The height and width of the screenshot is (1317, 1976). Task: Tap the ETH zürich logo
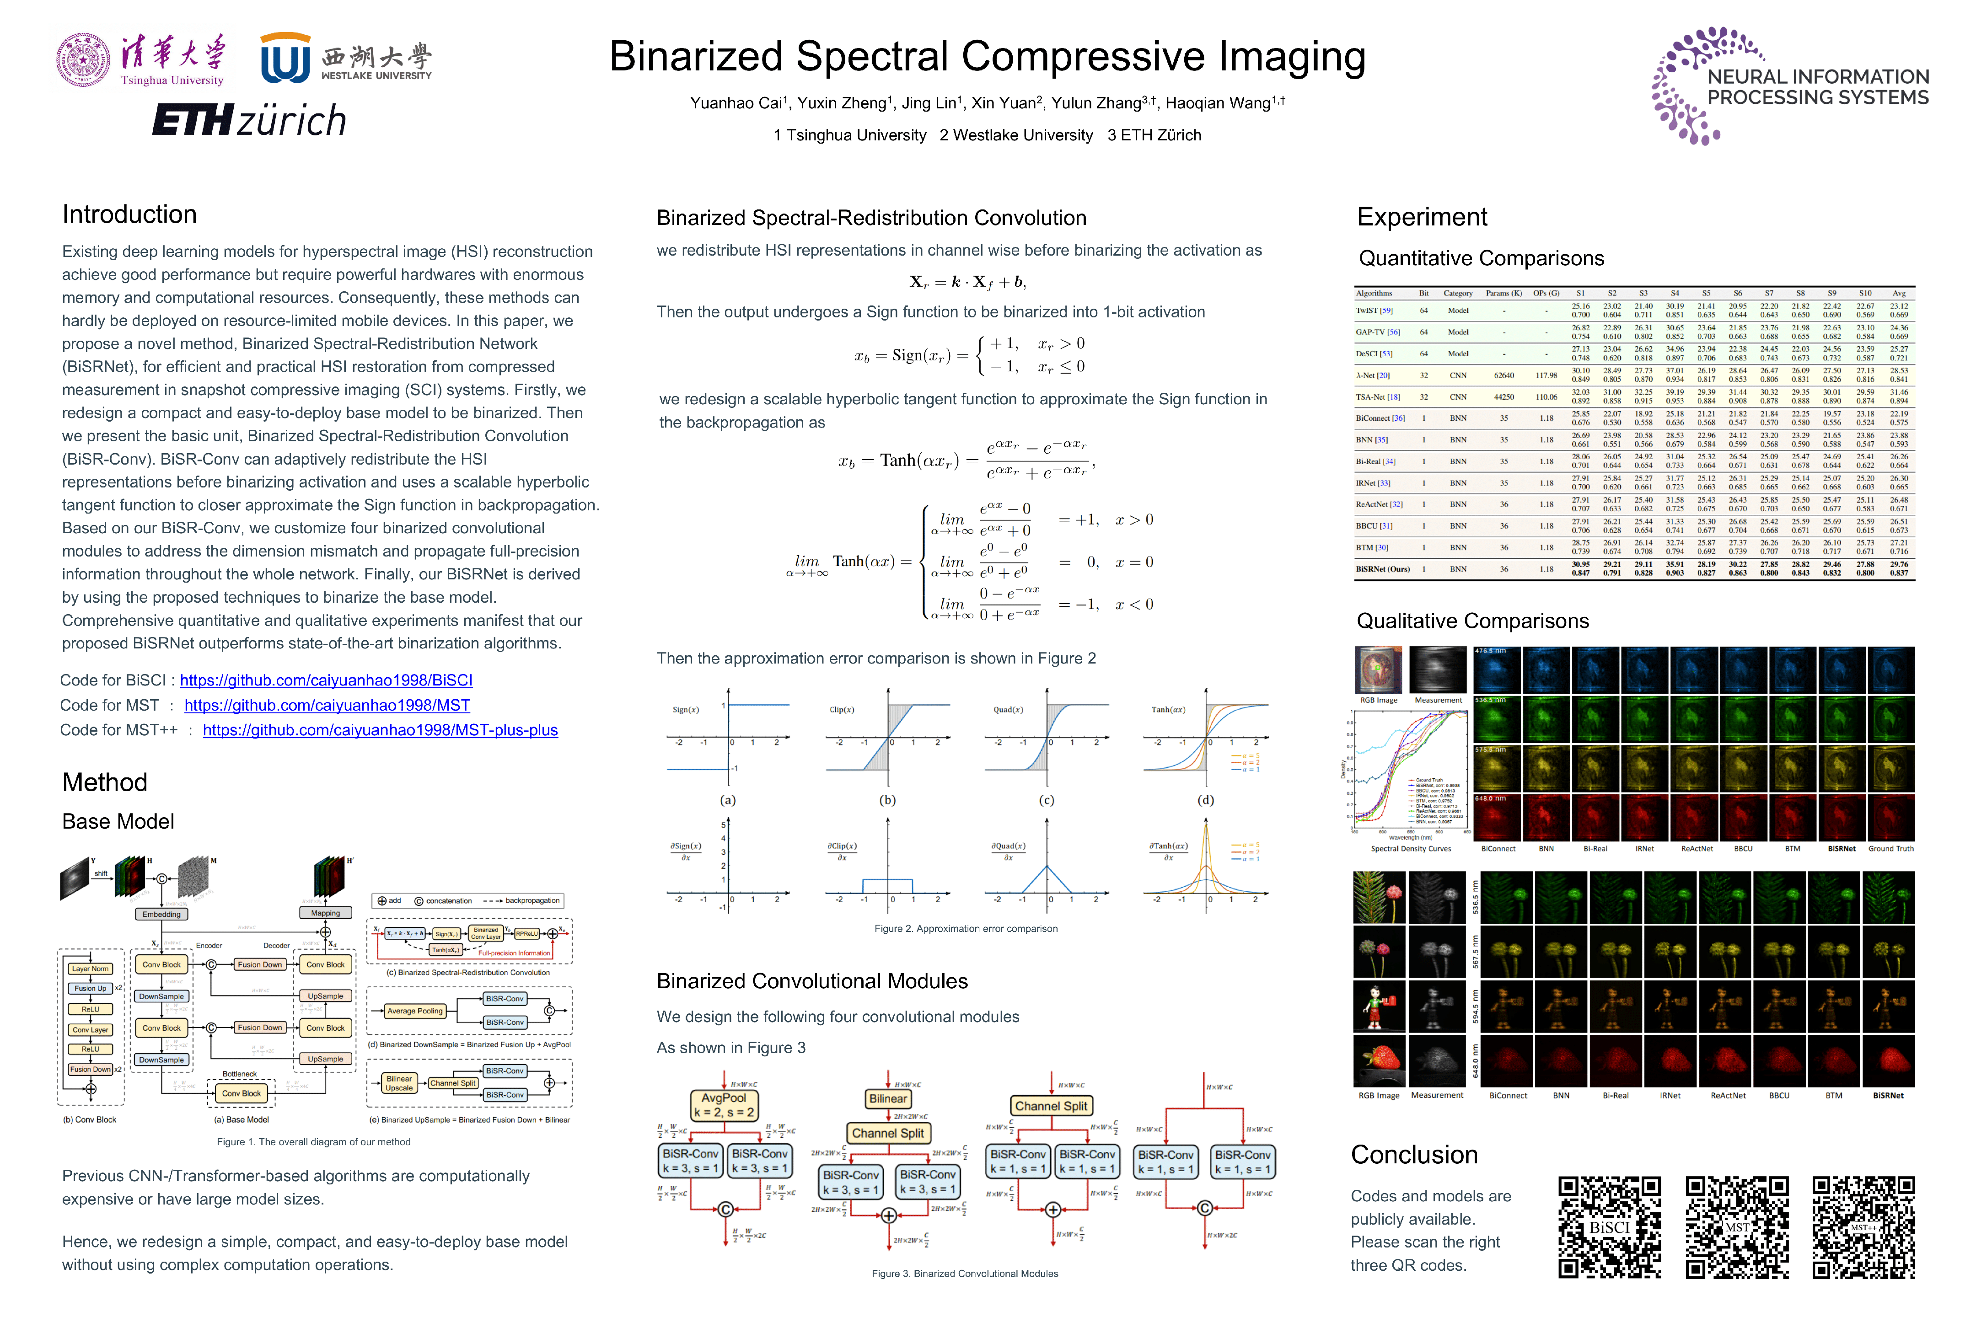(249, 120)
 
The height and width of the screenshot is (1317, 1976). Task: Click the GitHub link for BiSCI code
(326, 680)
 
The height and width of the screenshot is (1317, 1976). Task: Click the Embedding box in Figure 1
(161, 914)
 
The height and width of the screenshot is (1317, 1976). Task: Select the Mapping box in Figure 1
(325, 913)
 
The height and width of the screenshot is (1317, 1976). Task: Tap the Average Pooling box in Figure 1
(414, 1011)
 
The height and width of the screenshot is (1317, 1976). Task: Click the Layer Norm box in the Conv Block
(90, 969)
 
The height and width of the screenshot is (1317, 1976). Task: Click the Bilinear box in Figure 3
(887, 1098)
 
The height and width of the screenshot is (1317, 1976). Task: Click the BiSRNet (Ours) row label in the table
(1382, 569)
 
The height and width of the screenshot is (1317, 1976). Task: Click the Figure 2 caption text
(965, 929)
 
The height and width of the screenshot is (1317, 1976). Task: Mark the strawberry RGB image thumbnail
(1379, 1061)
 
